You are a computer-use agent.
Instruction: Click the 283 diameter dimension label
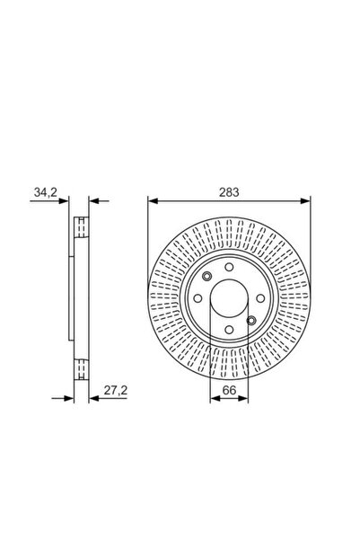pos(229,192)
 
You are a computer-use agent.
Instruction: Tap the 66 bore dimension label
pos(229,390)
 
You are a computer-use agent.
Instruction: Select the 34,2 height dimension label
pos(46,192)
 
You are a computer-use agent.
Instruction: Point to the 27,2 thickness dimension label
pos(116,390)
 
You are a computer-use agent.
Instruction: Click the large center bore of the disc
pos(229,298)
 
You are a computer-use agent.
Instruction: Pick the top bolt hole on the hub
pos(229,267)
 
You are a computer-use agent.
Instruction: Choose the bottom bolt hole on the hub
pos(229,329)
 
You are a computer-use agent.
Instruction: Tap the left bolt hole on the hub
pos(198,298)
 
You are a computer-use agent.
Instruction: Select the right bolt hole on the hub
pos(260,298)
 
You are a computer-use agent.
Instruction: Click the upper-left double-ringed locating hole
pos(207,276)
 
